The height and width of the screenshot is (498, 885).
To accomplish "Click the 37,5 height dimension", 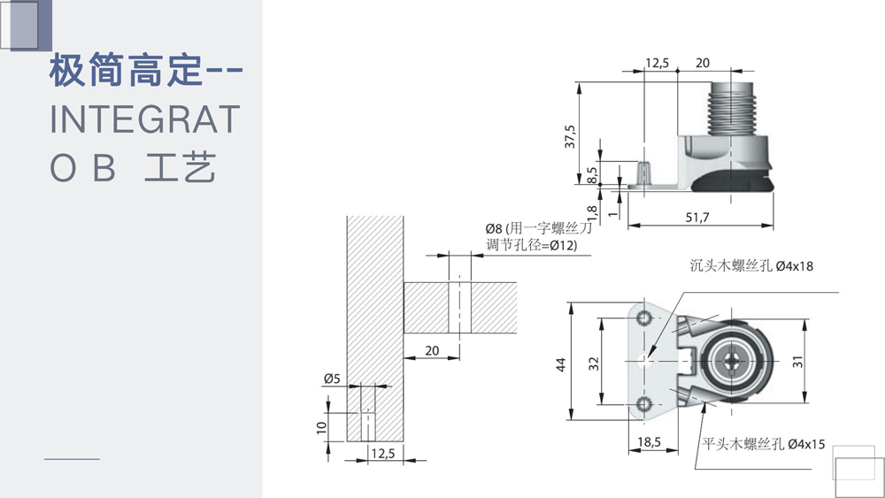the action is coord(570,136).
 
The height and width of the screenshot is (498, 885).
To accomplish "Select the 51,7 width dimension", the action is coord(697,217).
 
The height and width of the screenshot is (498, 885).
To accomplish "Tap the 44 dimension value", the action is coord(560,364).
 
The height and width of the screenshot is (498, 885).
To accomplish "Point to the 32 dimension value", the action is coord(594,364).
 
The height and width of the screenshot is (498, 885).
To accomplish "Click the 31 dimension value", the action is coord(797,362).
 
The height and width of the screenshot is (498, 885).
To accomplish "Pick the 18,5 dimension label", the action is coord(649,441).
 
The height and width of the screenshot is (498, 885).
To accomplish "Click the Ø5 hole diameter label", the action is coord(332,378).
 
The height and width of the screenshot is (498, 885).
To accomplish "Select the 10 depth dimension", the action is coord(322,427).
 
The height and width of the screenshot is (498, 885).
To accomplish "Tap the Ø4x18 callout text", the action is coord(794,265).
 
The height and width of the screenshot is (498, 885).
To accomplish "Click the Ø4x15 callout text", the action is coord(806,444).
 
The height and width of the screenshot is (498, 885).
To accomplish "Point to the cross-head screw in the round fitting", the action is coord(732,361).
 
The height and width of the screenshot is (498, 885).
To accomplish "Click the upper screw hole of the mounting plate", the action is coord(644,318).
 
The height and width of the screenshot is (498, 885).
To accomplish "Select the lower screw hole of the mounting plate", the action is coord(644,404).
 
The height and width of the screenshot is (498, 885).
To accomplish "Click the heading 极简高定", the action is coord(126,71).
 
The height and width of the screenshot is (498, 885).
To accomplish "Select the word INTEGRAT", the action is coord(145,119).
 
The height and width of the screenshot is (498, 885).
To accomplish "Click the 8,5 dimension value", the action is coord(591,175).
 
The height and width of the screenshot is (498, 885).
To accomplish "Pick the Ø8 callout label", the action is coord(494,228).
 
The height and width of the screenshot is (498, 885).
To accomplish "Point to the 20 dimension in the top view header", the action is coord(703,63).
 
